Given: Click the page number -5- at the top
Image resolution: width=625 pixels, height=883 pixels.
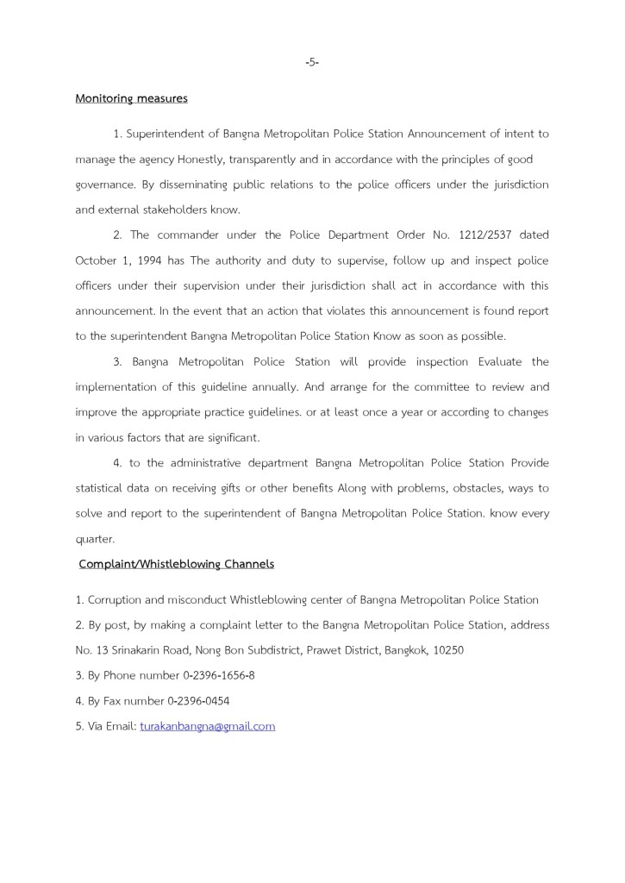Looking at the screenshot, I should [x=312, y=62].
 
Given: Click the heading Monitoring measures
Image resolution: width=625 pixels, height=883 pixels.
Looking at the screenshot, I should [x=131, y=98].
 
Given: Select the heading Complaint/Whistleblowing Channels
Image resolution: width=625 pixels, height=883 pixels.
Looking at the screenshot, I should [x=176, y=564].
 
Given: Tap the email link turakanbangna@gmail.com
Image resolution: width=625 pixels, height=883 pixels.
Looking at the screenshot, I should [x=207, y=726].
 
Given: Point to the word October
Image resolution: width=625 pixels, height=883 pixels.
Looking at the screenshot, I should [x=97, y=260].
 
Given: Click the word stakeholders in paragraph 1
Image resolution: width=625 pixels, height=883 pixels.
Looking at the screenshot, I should [x=171, y=210].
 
